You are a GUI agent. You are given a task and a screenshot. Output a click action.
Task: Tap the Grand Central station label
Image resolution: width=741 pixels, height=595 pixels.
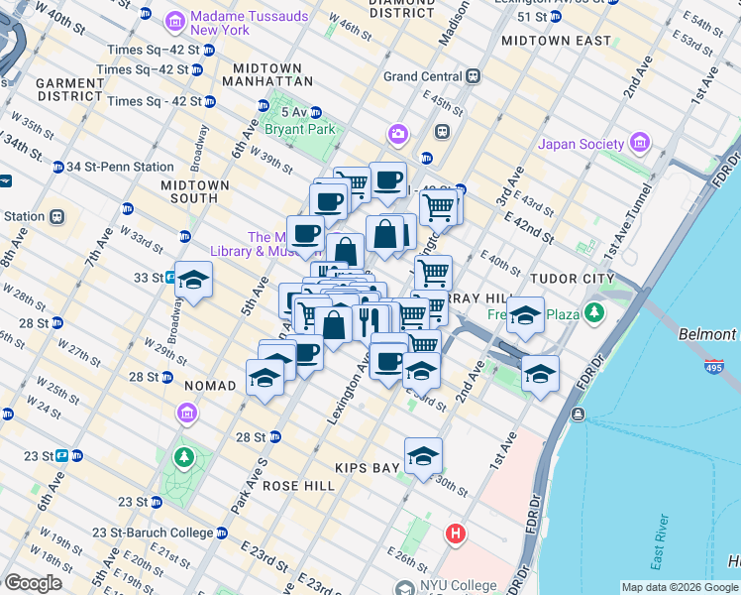[x=424, y=75]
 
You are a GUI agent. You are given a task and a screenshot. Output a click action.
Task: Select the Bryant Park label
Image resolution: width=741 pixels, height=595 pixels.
[x=299, y=129]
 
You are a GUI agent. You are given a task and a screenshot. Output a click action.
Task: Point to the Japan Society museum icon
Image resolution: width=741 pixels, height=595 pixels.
[x=638, y=144]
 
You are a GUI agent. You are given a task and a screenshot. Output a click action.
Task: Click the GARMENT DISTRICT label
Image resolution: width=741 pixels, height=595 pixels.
[x=69, y=89]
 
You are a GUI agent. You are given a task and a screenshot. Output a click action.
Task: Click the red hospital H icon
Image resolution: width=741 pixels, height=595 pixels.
[x=455, y=534]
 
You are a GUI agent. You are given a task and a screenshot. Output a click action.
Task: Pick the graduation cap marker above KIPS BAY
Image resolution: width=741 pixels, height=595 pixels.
[x=423, y=455]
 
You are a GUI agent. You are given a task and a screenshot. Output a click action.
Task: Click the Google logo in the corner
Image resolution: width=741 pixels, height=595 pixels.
[x=34, y=583]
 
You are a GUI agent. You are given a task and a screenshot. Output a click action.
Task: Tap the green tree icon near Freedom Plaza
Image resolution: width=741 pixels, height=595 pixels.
[x=593, y=313]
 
